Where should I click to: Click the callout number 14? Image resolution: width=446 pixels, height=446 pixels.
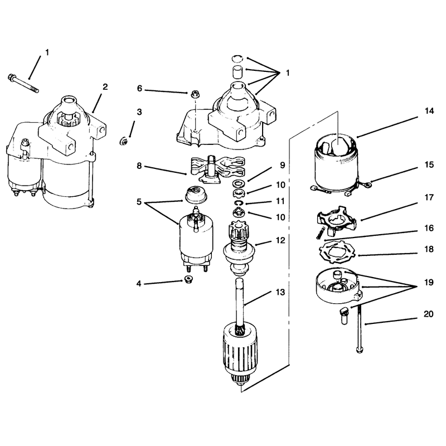[x=429, y=111]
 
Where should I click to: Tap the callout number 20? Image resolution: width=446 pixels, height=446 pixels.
[x=428, y=314]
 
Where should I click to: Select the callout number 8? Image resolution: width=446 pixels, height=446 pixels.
[x=139, y=165]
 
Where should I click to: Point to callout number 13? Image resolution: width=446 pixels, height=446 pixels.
[x=280, y=292]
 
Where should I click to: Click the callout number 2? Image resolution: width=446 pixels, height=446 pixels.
[x=105, y=87]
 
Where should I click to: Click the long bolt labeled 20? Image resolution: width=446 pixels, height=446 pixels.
[x=360, y=328]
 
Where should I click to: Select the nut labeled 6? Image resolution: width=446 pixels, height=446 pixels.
[x=193, y=94]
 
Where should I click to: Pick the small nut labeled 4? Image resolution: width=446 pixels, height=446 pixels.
[x=187, y=279]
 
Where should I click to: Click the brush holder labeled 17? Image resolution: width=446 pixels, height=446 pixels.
[x=336, y=221]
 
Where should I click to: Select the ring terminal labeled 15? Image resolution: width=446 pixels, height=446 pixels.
[x=369, y=185]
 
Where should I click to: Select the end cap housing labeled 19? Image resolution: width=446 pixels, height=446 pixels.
[x=338, y=287]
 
